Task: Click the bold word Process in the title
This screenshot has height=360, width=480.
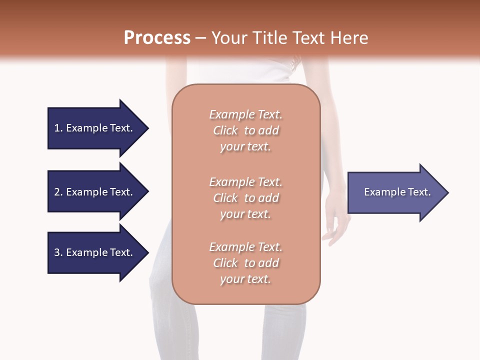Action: [x=157, y=38]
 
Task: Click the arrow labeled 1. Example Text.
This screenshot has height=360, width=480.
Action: [x=95, y=128]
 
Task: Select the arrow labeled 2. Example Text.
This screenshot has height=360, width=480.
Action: [x=95, y=192]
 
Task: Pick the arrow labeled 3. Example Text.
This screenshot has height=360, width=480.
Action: [x=95, y=252]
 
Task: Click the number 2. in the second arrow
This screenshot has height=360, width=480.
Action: [x=58, y=192]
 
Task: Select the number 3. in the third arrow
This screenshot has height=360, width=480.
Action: [x=58, y=252]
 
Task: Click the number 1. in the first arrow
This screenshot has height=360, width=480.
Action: [x=58, y=128]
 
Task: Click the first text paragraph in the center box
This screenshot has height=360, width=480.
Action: [x=245, y=130]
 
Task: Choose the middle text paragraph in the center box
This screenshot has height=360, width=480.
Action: [x=245, y=198]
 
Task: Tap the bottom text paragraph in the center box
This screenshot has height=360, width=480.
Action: [x=245, y=263]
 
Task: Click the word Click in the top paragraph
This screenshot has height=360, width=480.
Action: [x=225, y=130]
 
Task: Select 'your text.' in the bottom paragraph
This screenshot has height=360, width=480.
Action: [x=245, y=279]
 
